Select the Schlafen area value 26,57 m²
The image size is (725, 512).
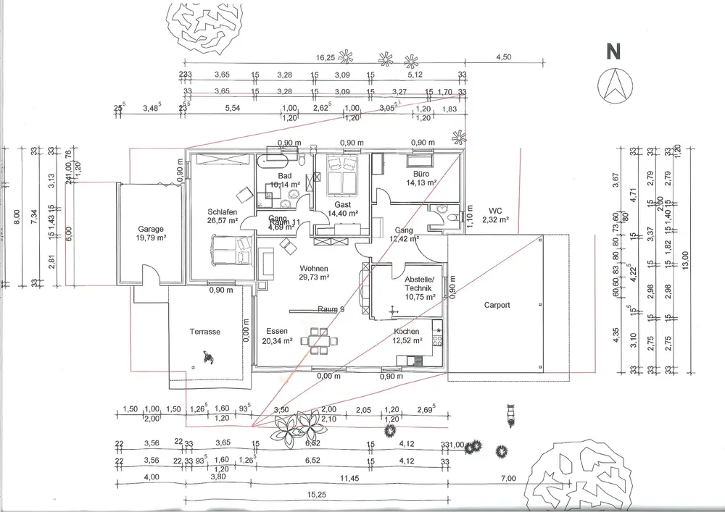tap(223, 221)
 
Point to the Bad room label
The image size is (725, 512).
tap(284, 176)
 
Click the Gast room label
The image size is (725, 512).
tap(342, 205)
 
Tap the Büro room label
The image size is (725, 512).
tap(422, 175)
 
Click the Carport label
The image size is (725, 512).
tap(497, 305)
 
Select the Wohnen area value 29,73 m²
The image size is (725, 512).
tap(315, 277)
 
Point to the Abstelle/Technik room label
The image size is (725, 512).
tap(420, 284)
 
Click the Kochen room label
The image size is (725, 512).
tap(406, 331)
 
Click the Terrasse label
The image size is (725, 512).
tap(205, 331)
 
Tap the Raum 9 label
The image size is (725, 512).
tap(331, 309)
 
